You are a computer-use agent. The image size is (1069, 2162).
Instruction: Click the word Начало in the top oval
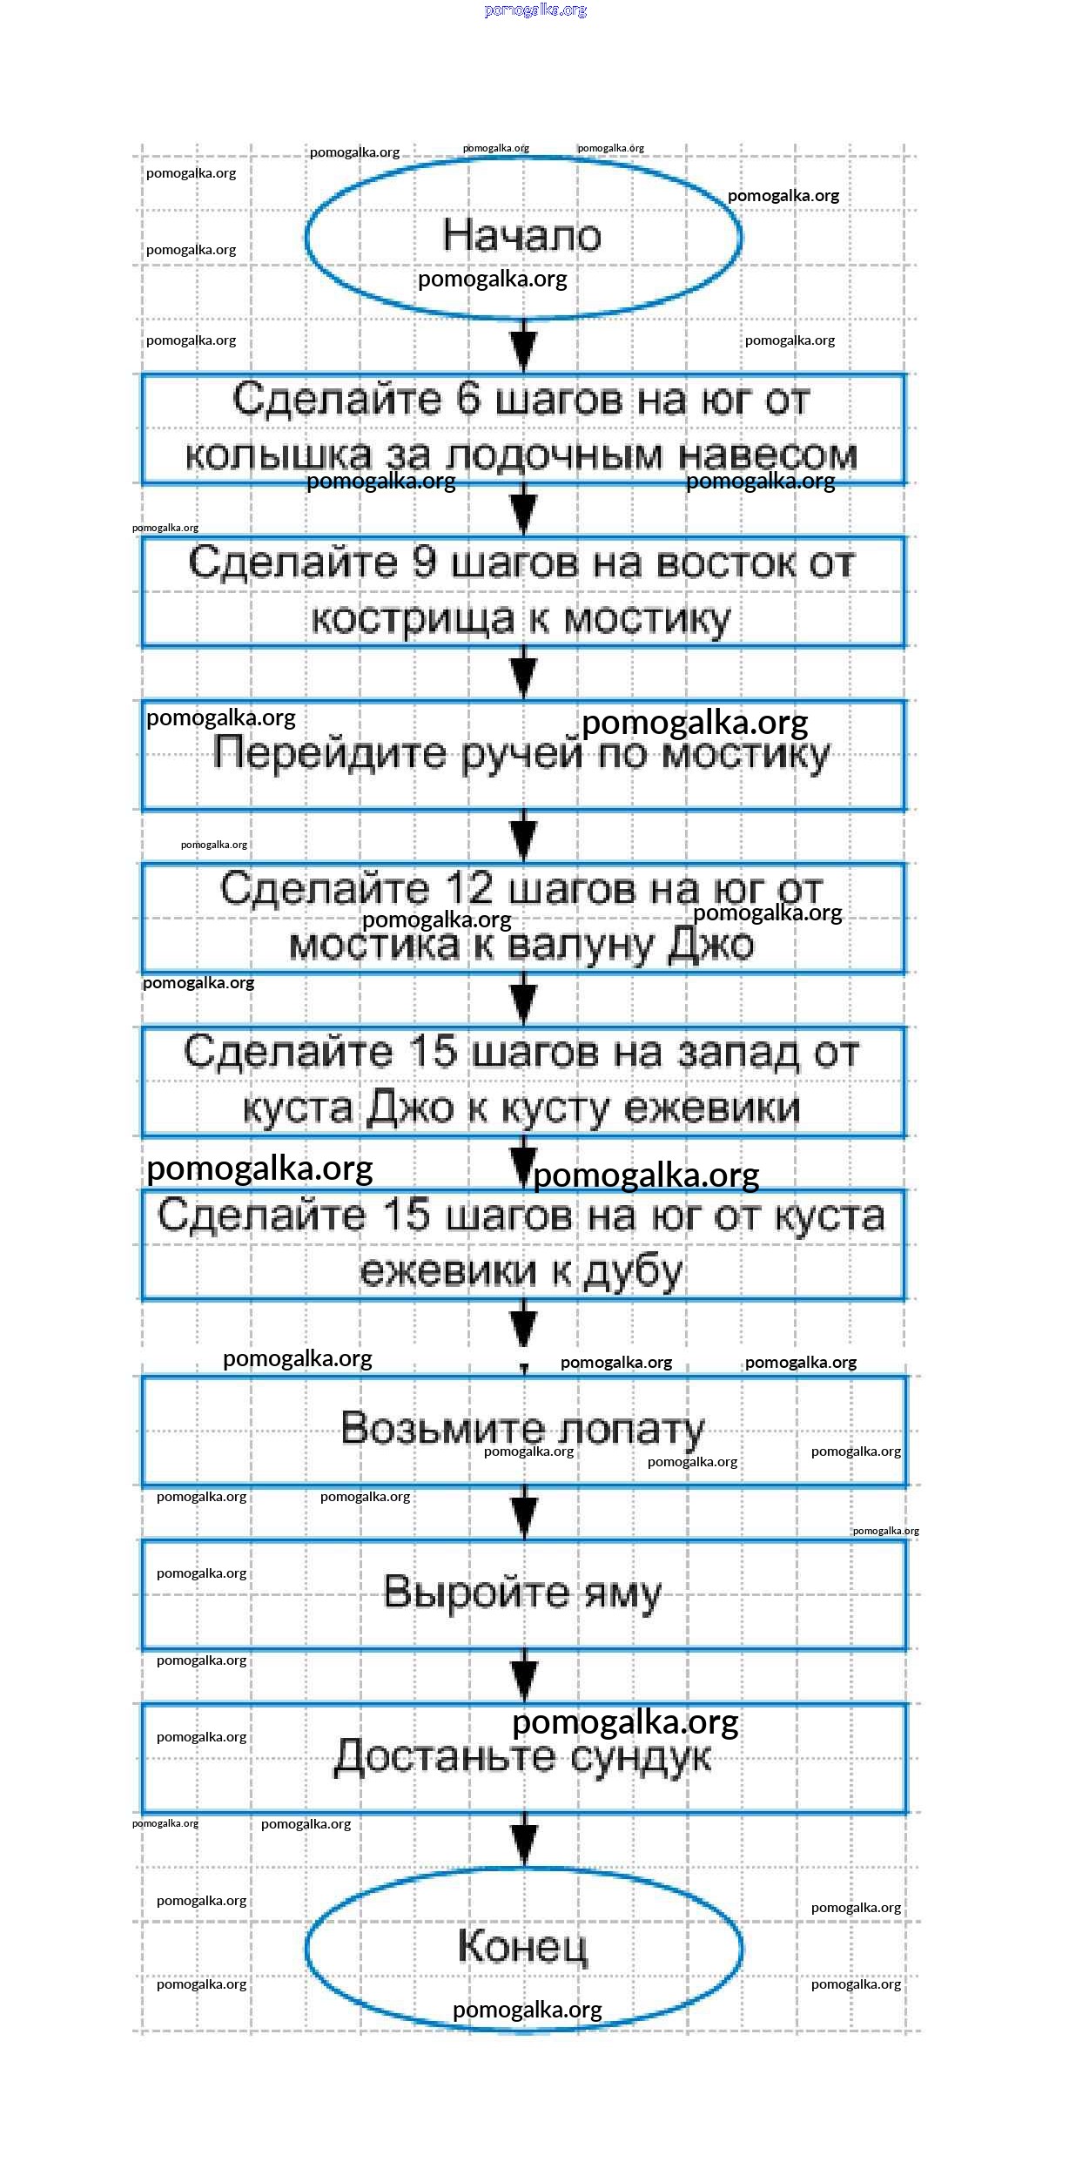pos(521,235)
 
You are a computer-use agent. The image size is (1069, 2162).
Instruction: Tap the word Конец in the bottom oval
pos(522,1946)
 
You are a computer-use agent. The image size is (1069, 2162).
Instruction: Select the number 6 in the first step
pos(467,399)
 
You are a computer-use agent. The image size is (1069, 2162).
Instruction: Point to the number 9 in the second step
pos(423,562)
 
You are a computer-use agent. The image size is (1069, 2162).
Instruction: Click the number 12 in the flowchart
pos(470,888)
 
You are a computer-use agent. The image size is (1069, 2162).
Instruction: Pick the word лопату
pos(630,1429)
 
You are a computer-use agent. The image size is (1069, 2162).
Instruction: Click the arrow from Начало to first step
pos(523,346)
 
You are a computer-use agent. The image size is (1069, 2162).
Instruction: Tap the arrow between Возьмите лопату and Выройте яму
pos(524,1512)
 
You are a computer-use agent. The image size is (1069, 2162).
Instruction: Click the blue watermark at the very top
pos(535,10)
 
